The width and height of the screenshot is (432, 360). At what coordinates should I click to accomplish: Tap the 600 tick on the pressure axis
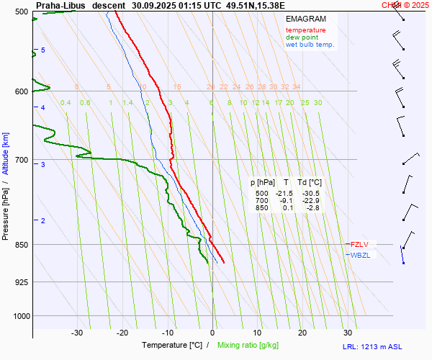click(x=22, y=91)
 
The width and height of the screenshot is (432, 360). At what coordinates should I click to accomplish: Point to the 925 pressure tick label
click(x=22, y=282)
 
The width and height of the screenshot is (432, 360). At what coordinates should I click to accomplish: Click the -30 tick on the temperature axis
click(x=77, y=333)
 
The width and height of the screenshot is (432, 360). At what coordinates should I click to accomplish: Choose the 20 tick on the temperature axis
click(x=302, y=333)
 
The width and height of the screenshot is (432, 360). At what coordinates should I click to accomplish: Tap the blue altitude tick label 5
click(x=42, y=50)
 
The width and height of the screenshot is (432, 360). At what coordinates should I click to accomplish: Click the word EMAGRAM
click(x=305, y=19)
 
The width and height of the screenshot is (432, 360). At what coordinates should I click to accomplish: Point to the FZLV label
click(x=359, y=244)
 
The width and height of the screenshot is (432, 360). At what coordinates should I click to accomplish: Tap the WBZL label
click(x=360, y=255)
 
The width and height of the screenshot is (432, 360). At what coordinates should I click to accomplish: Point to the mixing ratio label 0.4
click(x=66, y=103)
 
